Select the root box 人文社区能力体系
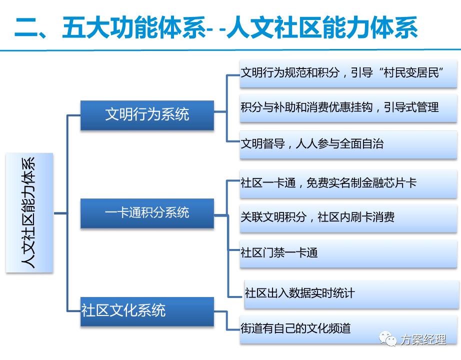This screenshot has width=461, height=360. click(29, 212)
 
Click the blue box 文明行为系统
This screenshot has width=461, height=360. click(147, 114)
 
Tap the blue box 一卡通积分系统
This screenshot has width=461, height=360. click(147, 212)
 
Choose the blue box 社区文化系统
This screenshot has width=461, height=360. click(147, 311)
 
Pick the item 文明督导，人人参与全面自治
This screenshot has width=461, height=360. click(312, 144)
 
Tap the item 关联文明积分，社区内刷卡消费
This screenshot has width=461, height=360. click(317, 217)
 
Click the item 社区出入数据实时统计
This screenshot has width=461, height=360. click(299, 292)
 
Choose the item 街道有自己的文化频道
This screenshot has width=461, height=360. click(295, 328)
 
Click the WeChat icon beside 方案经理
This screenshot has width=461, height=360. click(389, 339)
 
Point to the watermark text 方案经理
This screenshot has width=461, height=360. click(422, 340)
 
